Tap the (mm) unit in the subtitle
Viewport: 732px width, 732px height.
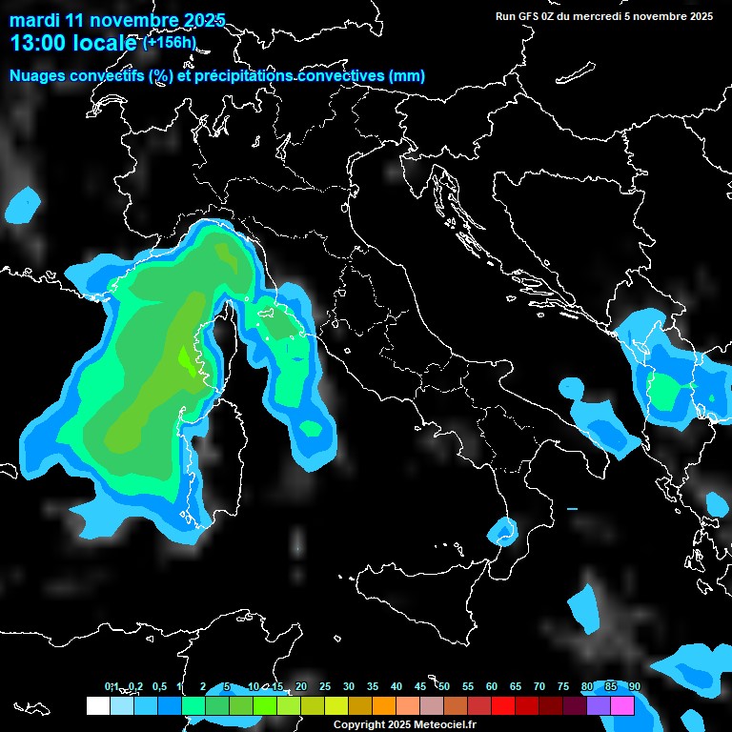(407, 75)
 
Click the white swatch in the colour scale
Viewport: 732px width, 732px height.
(97, 705)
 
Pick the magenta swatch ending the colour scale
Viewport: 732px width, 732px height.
(622, 705)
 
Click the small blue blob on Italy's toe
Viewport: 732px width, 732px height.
(500, 530)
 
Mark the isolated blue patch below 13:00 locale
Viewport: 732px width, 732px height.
(23, 205)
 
